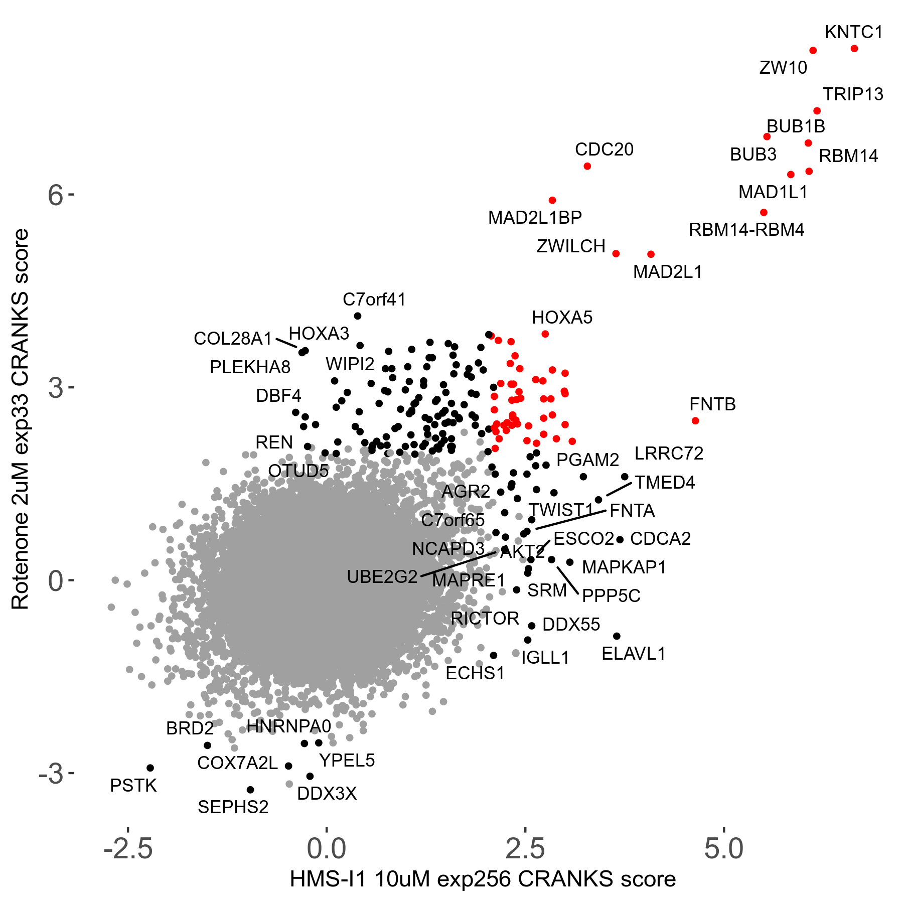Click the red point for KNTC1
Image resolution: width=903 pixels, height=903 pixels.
854,49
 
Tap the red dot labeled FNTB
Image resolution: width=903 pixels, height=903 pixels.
695,420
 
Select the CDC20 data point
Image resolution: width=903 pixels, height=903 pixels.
587,166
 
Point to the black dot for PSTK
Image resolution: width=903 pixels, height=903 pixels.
150,768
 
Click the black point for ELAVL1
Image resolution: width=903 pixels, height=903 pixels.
617,636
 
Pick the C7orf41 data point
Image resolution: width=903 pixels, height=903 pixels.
358,316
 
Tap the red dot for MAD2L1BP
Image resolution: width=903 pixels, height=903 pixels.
552,200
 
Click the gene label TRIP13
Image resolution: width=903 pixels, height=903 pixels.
853,94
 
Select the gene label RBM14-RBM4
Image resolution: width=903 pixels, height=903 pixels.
746,230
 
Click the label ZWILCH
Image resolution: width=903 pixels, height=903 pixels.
571,246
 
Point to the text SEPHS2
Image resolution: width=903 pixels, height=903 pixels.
233,807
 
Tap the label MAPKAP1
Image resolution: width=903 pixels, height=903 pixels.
624,567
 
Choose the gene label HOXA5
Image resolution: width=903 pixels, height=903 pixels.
562,318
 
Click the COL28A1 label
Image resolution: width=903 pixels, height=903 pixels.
233,339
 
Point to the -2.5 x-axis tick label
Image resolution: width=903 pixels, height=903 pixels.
128,849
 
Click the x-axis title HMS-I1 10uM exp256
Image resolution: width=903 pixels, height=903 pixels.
483,879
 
